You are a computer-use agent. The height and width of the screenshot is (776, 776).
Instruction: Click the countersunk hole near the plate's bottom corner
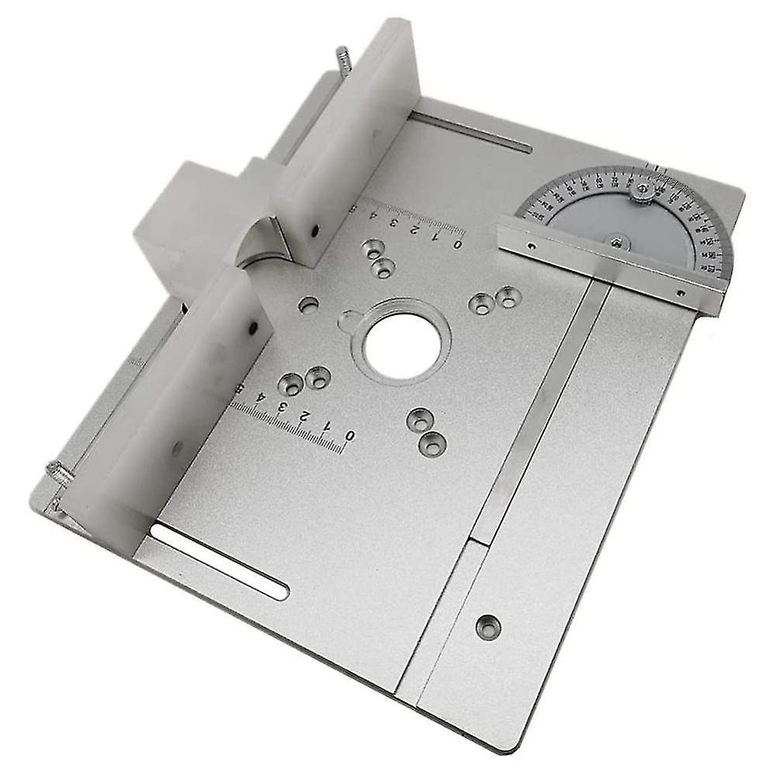(488, 626)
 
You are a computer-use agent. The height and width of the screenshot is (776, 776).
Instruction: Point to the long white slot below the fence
(219, 560)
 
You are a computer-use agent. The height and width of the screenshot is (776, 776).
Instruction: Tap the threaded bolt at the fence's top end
(342, 58)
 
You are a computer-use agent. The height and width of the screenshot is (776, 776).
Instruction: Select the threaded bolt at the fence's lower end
(59, 471)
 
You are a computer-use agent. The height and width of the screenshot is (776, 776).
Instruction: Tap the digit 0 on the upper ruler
(458, 244)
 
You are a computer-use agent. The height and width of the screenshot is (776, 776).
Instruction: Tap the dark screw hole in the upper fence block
(315, 230)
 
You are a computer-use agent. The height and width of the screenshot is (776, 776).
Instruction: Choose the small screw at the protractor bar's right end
(681, 293)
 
